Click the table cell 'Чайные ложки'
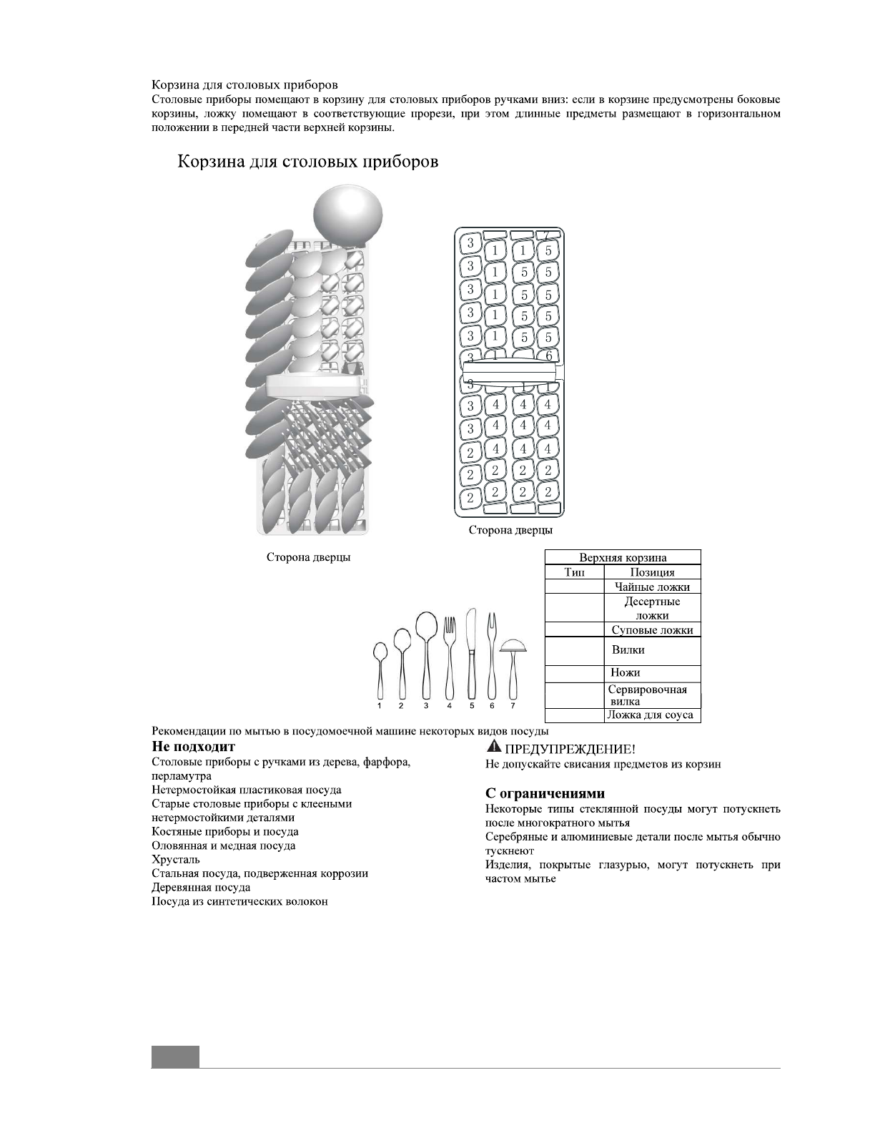(652, 587)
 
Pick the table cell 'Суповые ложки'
(652, 630)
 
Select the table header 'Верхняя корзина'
(623, 558)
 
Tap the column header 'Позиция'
(652, 572)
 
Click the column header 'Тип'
(574, 572)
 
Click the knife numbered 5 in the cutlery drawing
(470, 654)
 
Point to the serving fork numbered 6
(491, 654)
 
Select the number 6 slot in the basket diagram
(548, 355)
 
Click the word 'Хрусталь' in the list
(176, 860)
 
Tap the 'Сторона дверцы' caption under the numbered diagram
(510, 530)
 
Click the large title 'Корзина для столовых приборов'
(308, 162)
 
